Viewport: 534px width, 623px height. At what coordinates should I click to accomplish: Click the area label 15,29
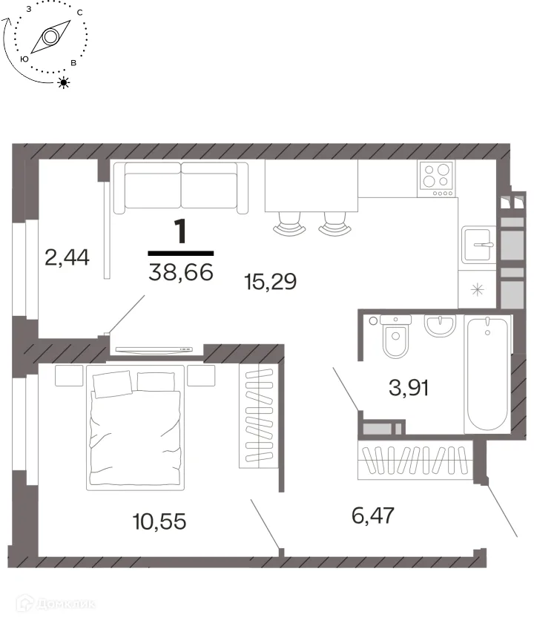[x=270, y=282]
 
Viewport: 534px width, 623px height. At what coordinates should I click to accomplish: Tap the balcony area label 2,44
[x=67, y=257]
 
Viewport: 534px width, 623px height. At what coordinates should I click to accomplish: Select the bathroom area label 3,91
[x=409, y=387]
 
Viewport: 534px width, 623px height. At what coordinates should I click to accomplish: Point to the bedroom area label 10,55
[x=159, y=521]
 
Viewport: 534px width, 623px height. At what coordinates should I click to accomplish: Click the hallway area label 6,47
[x=372, y=515]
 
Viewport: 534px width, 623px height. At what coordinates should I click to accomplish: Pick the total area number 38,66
[x=181, y=272]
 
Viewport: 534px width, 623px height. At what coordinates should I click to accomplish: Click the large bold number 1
[x=180, y=231]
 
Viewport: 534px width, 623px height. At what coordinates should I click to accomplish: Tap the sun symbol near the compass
[x=64, y=82]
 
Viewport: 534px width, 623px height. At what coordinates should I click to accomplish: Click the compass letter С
[x=80, y=13]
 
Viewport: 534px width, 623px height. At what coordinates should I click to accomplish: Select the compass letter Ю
[x=24, y=59]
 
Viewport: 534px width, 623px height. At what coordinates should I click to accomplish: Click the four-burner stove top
[x=436, y=179]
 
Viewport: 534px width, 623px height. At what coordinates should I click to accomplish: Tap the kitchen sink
[x=479, y=245]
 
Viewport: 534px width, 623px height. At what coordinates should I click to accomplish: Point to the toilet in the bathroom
[x=395, y=336]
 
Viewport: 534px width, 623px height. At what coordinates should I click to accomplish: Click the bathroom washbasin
[x=440, y=326]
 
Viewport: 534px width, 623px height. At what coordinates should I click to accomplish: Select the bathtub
[x=487, y=375]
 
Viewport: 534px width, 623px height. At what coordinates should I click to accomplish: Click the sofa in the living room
[x=181, y=188]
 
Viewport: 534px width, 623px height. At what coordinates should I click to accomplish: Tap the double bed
[x=135, y=427]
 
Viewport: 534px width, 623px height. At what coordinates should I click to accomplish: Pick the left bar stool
[x=289, y=224]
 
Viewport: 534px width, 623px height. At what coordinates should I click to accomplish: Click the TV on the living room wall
[x=154, y=349]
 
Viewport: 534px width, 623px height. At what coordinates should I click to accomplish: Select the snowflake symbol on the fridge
[x=477, y=289]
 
